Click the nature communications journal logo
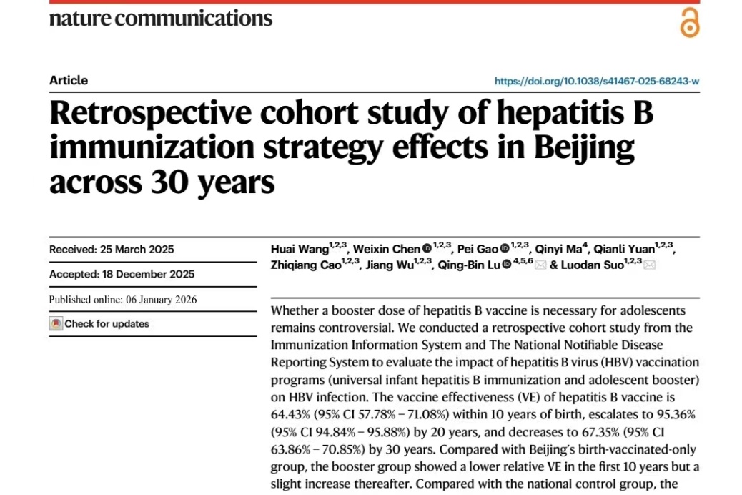[x=161, y=18]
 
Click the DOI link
[x=597, y=81]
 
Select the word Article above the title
[x=69, y=80]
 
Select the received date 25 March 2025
[x=137, y=250]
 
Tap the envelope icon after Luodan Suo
[x=650, y=265]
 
